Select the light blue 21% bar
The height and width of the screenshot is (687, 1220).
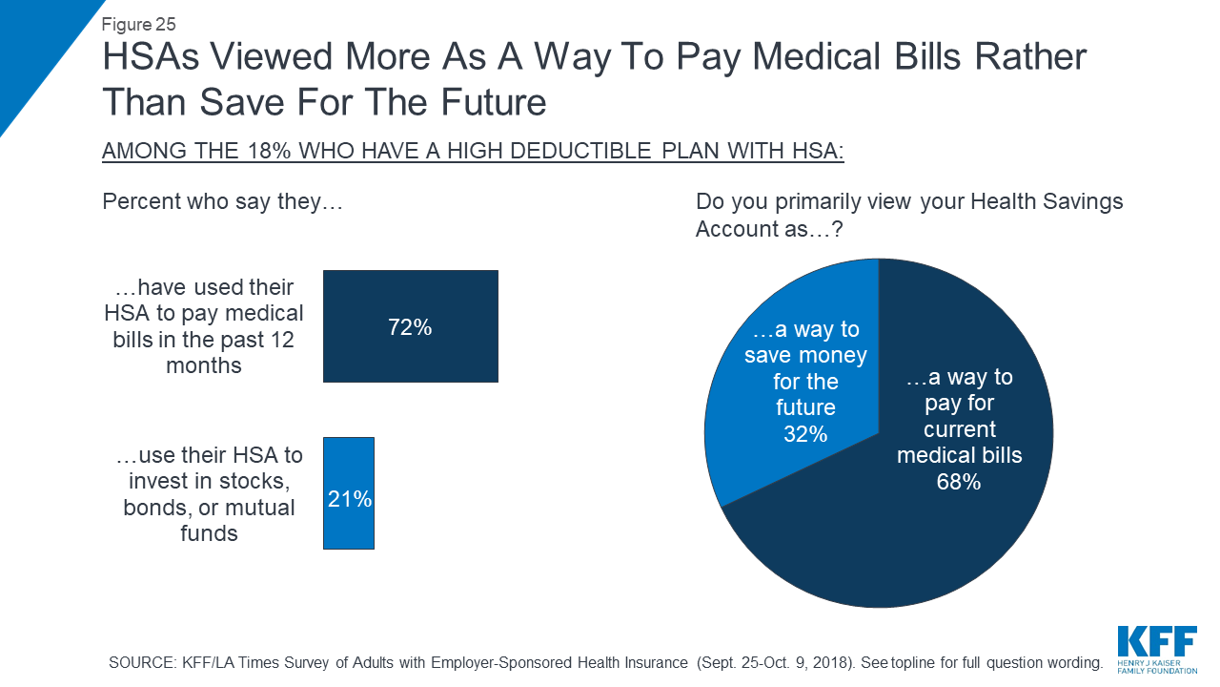[x=349, y=468]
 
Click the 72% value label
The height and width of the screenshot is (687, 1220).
[x=411, y=327]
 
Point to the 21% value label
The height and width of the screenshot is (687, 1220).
[x=349, y=497]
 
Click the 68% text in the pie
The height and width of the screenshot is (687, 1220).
[x=959, y=482]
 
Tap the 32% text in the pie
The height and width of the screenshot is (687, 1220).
[x=805, y=433]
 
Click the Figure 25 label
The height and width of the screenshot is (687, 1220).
[x=138, y=24]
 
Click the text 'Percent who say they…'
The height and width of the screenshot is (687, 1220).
[x=221, y=202]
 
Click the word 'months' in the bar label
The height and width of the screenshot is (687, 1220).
[x=203, y=364]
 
